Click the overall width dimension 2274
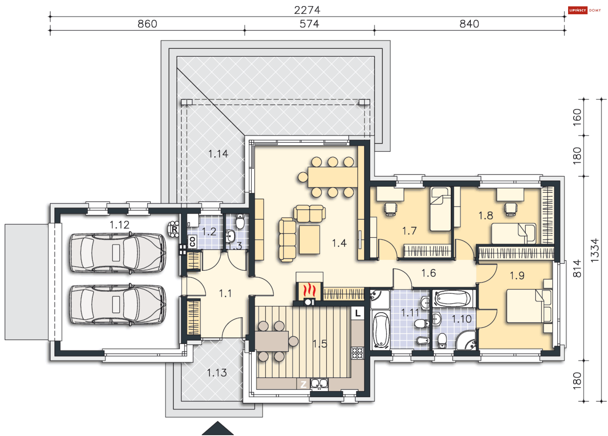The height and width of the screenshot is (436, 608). tap(307, 10)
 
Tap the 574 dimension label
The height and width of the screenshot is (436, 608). tap(309, 24)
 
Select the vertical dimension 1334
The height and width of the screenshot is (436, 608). tap(595, 250)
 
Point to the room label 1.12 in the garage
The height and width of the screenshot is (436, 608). tap(119, 225)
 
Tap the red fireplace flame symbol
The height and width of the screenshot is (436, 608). tap(309, 290)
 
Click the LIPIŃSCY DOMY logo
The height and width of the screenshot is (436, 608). tap(585, 10)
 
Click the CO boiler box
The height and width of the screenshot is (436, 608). tap(192, 242)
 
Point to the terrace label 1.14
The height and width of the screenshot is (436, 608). tap(218, 154)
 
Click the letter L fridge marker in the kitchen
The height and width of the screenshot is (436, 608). tap(358, 313)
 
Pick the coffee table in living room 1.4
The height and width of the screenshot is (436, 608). tap(309, 239)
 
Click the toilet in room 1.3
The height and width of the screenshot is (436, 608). tap(240, 221)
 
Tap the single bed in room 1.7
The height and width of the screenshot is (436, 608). tap(440, 209)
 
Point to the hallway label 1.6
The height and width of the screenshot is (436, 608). tap(428, 273)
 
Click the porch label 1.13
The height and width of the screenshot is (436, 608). tap(217, 373)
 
